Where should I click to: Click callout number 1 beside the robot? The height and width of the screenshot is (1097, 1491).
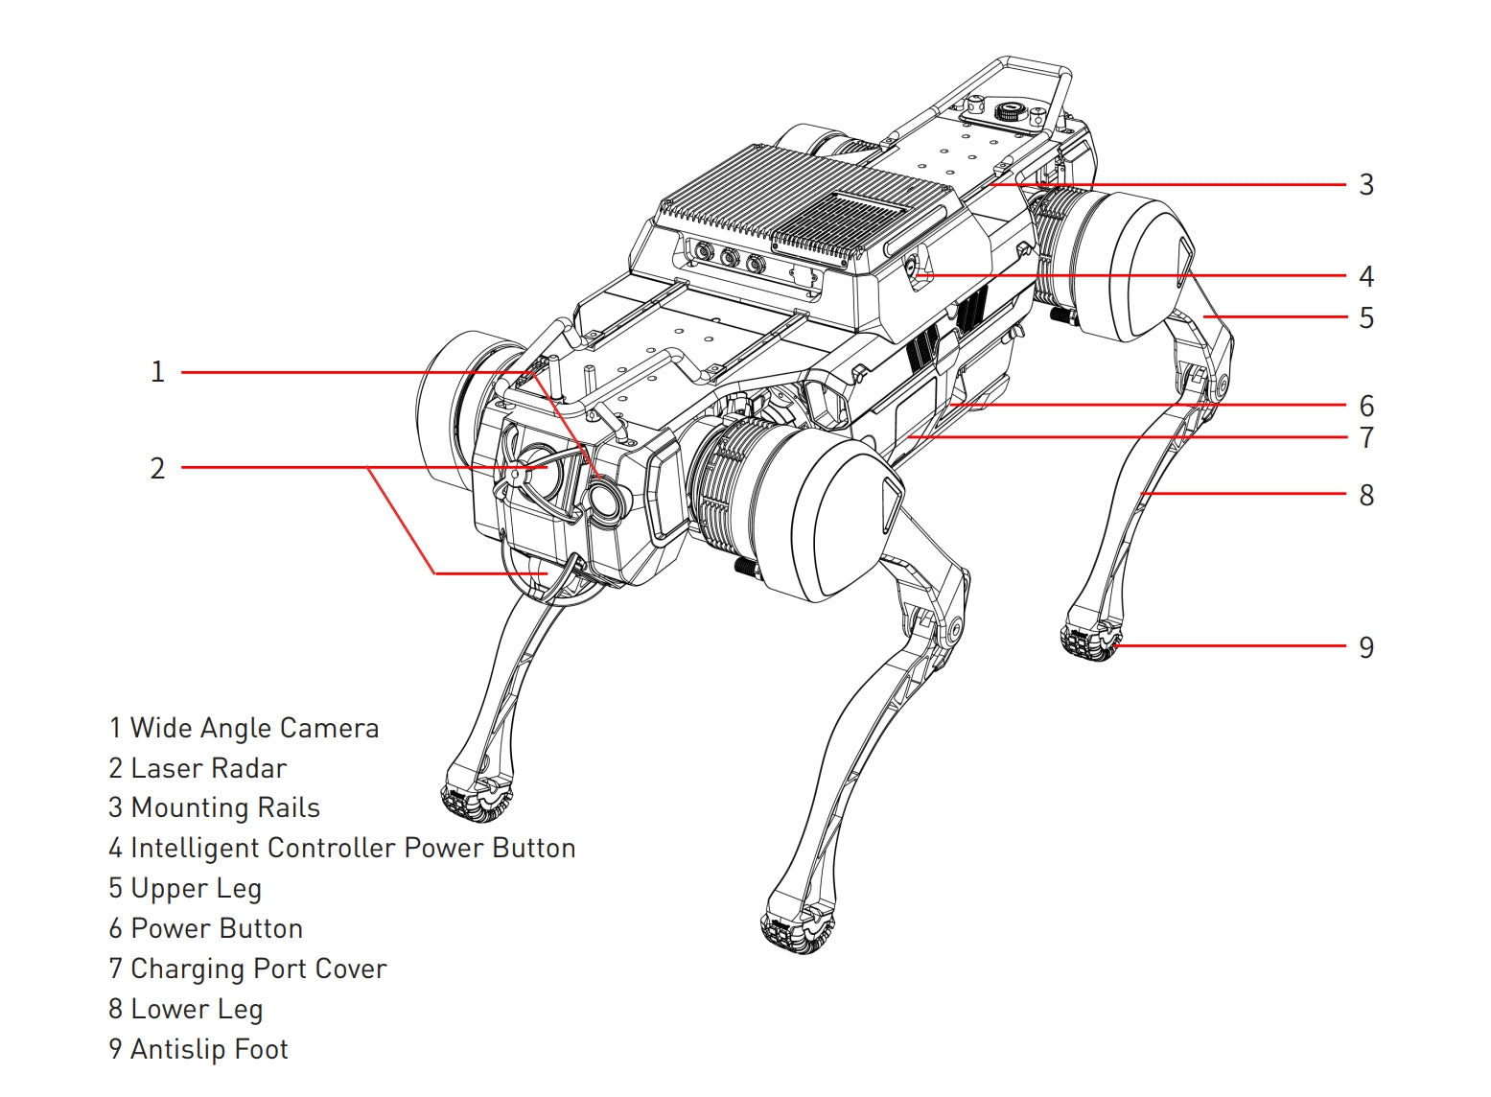(158, 372)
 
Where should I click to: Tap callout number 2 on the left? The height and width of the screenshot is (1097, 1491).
(158, 469)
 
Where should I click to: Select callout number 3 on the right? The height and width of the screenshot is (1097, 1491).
(1366, 185)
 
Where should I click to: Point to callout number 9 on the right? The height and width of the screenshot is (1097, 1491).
(1366, 648)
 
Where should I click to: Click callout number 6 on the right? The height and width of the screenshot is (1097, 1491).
(1366, 407)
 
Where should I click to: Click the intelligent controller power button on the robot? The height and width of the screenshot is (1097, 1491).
(916, 272)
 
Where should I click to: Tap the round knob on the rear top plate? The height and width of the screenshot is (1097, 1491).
(1007, 109)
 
